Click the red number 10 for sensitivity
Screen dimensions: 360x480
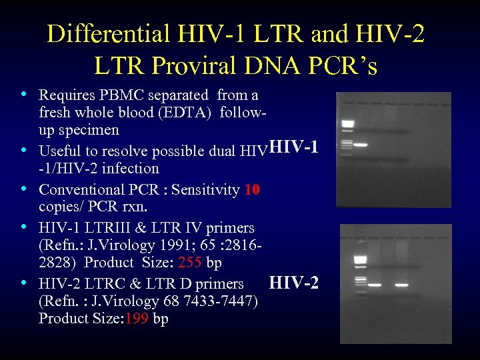(251, 190)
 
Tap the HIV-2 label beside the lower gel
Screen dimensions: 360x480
(293, 283)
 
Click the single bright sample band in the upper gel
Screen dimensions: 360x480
(361, 145)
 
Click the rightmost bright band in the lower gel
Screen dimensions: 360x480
(401, 285)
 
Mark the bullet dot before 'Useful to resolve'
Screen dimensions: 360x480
(24, 149)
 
